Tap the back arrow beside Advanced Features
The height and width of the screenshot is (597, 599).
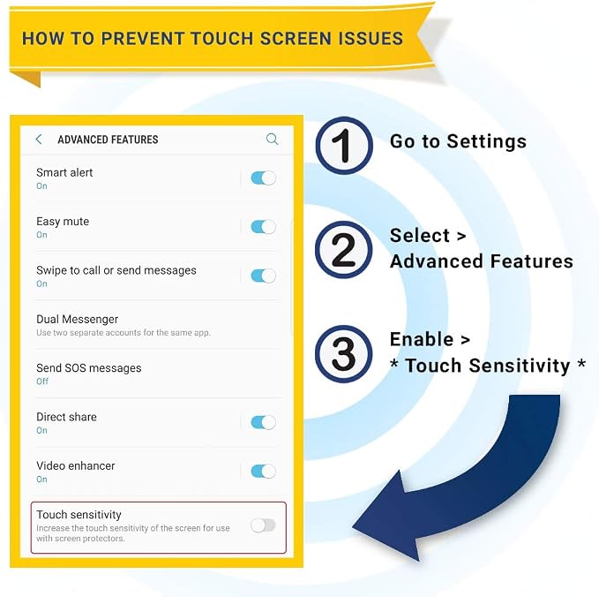click(39, 140)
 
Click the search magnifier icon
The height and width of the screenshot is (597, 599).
click(272, 139)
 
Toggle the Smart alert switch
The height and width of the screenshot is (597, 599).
click(263, 178)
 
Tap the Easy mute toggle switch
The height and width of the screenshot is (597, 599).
click(263, 227)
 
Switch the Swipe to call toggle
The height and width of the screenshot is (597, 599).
click(263, 276)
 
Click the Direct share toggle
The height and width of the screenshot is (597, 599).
click(263, 422)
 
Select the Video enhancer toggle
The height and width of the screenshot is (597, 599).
click(263, 472)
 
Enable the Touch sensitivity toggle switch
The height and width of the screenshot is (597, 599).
click(263, 525)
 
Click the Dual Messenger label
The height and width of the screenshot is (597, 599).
click(77, 320)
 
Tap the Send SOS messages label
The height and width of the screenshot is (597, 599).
click(88, 368)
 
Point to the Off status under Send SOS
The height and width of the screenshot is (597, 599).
click(42, 382)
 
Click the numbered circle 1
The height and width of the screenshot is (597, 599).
click(344, 146)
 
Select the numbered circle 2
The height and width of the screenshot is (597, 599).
click(344, 250)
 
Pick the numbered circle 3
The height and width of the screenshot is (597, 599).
click(344, 354)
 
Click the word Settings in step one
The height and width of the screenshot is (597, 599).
click(487, 142)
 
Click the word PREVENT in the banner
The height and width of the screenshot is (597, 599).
click(142, 39)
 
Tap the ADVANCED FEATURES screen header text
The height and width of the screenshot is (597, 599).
click(108, 140)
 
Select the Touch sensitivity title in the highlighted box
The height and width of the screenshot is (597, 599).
click(79, 515)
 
